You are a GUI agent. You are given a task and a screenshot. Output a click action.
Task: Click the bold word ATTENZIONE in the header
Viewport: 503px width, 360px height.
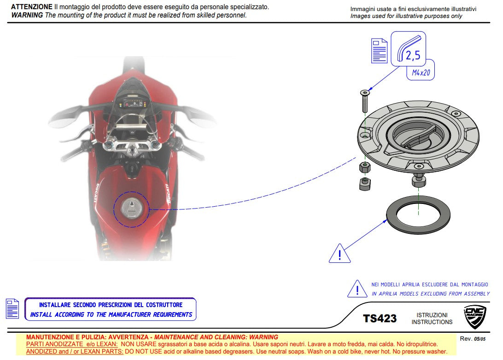tap(31, 7)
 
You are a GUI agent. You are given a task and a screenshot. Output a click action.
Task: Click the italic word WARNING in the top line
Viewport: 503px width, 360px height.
tap(26, 15)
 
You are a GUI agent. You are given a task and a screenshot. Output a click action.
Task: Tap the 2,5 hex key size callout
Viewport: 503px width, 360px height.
tap(412, 55)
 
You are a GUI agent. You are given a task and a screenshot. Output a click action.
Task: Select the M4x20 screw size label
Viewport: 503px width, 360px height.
tap(421, 73)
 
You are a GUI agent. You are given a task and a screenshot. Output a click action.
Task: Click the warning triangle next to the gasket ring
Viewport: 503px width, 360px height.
tap(339, 254)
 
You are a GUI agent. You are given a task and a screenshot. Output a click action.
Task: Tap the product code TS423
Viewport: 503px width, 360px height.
tap(380, 318)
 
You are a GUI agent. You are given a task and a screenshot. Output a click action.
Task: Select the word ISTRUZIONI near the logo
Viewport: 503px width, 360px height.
tap(432, 315)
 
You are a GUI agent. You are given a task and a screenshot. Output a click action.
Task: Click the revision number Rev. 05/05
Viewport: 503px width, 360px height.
tap(473, 339)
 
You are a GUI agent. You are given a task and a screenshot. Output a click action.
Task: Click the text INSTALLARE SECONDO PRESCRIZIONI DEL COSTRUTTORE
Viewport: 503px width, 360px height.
tap(111, 305)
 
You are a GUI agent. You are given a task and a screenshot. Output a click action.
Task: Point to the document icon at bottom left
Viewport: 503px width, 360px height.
tap(12, 308)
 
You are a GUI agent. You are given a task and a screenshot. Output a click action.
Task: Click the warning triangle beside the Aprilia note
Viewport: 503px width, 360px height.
tap(357, 289)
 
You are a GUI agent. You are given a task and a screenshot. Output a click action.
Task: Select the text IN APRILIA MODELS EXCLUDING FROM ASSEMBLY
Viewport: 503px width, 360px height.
tap(430, 294)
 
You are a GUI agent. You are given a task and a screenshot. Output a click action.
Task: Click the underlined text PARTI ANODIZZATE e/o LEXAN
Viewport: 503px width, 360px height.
tap(71, 344)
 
